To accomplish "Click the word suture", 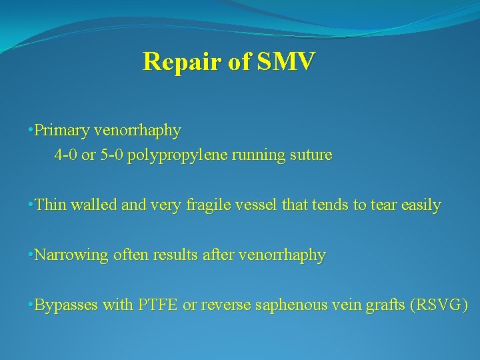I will coord(311,155).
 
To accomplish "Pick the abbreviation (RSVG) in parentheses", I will coord(441,305).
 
